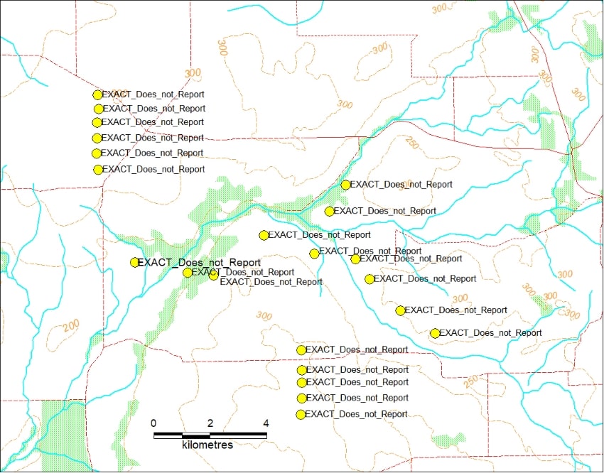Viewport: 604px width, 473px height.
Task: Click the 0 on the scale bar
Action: pyautogui.click(x=154, y=423)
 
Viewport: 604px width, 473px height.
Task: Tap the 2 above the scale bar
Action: pyautogui.click(x=210, y=423)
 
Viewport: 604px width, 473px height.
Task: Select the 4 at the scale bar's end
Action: pyautogui.click(x=266, y=423)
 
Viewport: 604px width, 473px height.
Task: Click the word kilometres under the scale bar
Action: pyautogui.click(x=207, y=445)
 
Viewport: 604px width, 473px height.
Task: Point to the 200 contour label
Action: pyautogui.click(x=71, y=327)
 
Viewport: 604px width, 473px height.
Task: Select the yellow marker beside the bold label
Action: pyautogui.click(x=134, y=262)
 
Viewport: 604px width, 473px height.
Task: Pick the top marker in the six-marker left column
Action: pyautogui.click(x=98, y=94)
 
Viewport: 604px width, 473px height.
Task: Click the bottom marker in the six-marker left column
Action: pyautogui.click(x=98, y=170)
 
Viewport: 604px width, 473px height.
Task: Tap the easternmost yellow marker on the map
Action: pyautogui.click(x=435, y=333)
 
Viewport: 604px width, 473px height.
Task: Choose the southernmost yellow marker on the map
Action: pyautogui.click(x=301, y=414)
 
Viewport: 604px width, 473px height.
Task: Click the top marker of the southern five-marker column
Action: pyautogui.click(x=301, y=350)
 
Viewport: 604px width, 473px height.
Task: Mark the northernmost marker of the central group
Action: pyautogui.click(x=345, y=185)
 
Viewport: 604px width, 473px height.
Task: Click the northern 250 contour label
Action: pyautogui.click(x=410, y=142)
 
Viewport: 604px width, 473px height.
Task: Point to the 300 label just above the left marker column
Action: pyautogui.click(x=193, y=73)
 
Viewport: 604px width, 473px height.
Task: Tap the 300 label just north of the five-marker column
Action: pyautogui.click(x=264, y=316)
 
